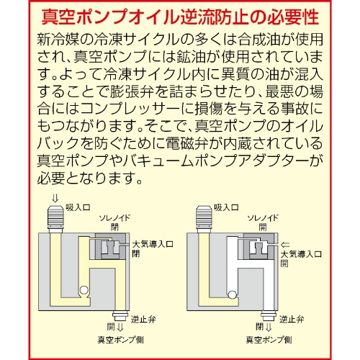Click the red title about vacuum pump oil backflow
[x=180, y=15]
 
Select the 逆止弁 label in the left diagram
[x=139, y=316]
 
